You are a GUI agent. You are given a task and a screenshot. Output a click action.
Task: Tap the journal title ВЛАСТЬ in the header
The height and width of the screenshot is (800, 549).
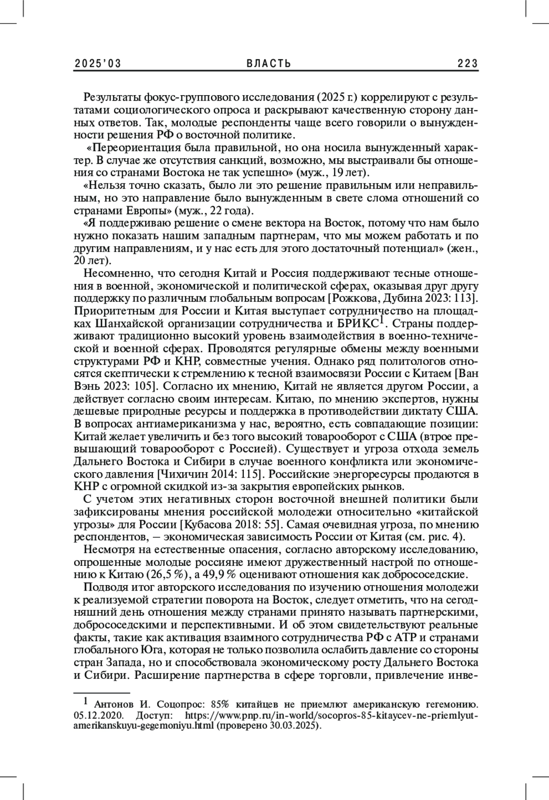pyautogui.click(x=269, y=64)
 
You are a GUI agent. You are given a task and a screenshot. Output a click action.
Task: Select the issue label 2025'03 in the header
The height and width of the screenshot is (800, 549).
pyautogui.click(x=98, y=64)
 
